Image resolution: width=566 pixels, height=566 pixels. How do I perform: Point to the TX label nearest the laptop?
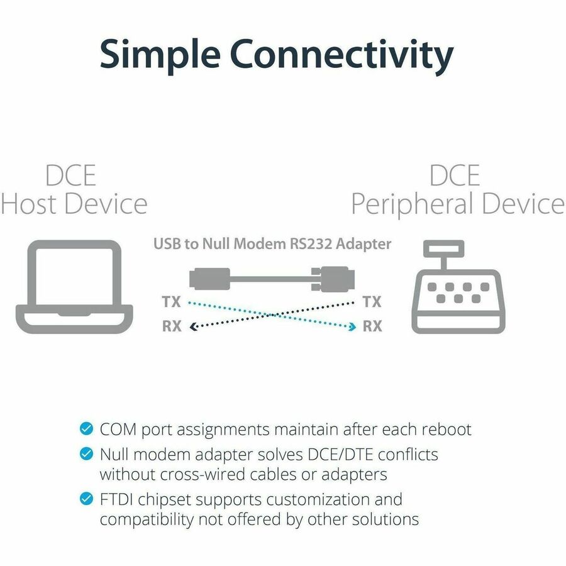point(170,302)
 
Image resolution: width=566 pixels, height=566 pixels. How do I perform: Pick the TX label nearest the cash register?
point(372,302)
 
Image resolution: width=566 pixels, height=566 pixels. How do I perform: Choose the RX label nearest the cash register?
point(372,326)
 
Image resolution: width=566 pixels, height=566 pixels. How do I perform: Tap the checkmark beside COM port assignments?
point(86,430)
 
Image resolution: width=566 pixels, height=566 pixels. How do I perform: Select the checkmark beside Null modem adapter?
point(86,453)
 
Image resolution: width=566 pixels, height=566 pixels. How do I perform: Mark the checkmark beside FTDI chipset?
point(86,499)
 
